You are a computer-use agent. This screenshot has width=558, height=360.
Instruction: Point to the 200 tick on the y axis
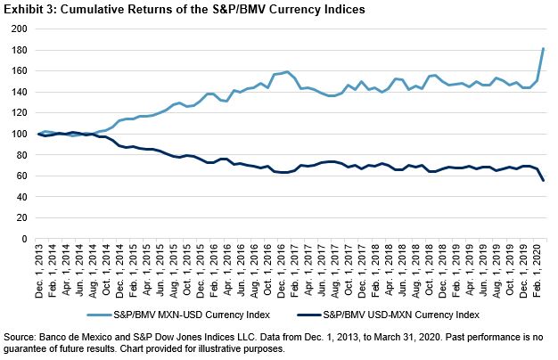point(17,29)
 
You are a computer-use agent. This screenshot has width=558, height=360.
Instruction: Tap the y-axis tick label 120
point(17,113)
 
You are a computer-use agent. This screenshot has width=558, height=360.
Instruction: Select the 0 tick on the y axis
point(22,239)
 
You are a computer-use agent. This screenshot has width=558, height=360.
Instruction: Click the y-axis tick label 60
point(20,176)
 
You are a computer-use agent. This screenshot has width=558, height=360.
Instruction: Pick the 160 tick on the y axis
point(17,70)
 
